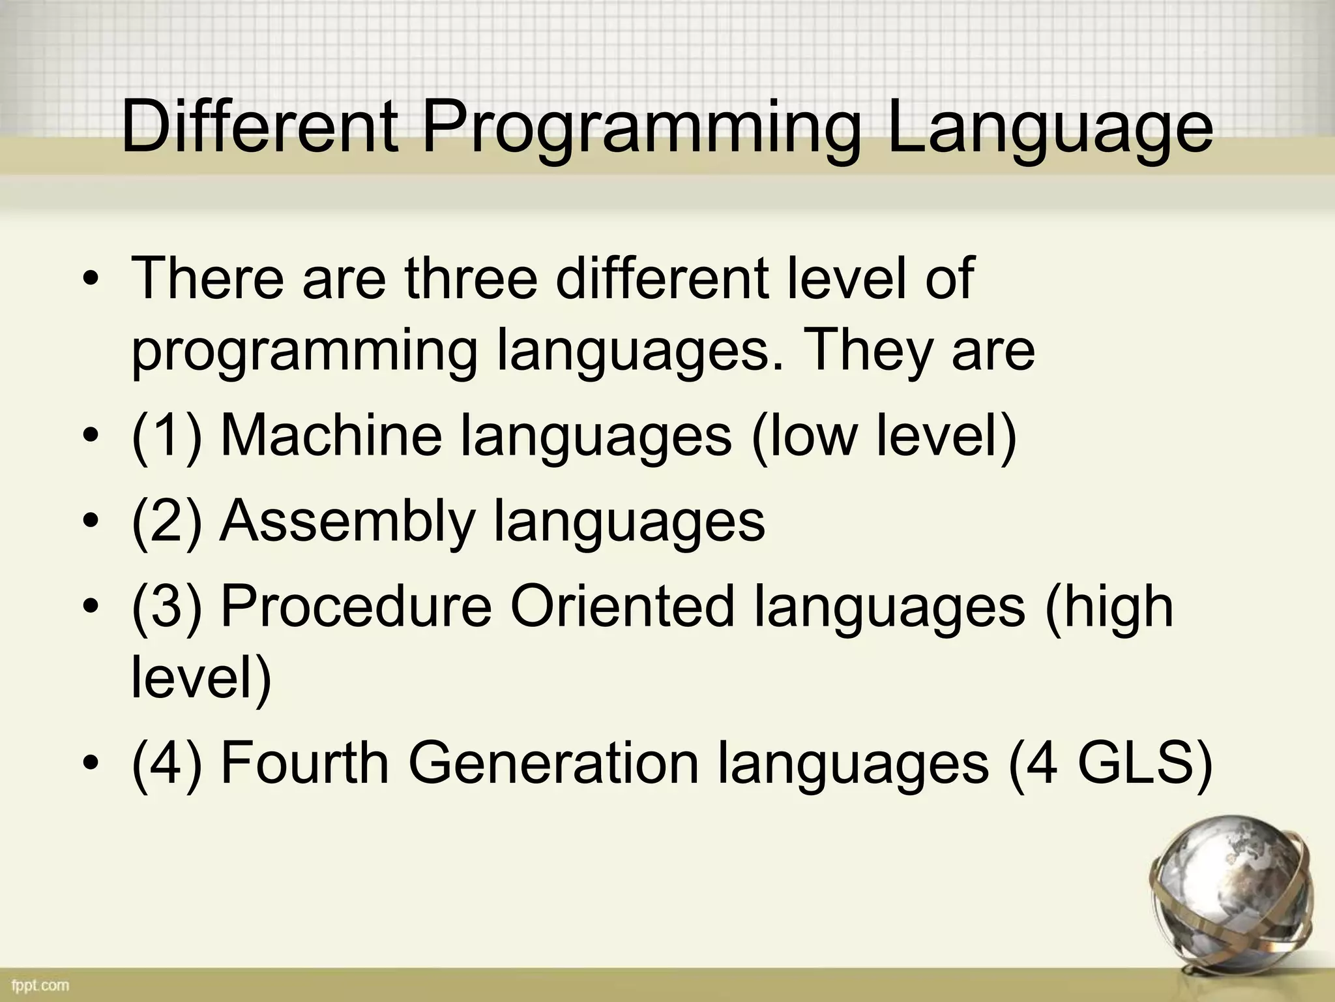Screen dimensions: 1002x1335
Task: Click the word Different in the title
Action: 259,127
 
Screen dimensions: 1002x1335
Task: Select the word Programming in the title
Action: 641,130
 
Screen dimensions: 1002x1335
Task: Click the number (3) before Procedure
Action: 167,607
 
